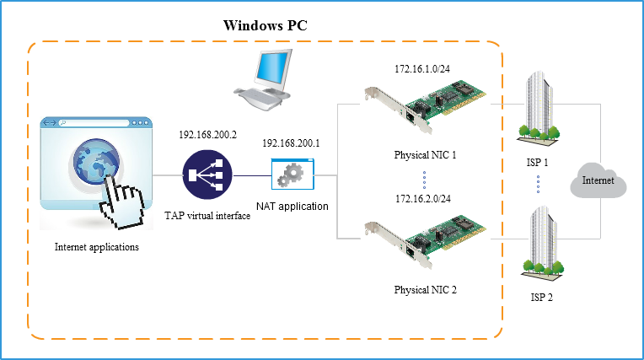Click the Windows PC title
click(266, 25)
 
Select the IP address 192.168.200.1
click(292, 144)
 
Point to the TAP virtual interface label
click(207, 217)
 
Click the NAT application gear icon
click(292, 175)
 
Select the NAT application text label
click(293, 206)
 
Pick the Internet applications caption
click(96, 247)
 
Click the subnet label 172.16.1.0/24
click(425, 67)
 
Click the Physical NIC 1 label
click(426, 155)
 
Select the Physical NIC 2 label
click(426, 290)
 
